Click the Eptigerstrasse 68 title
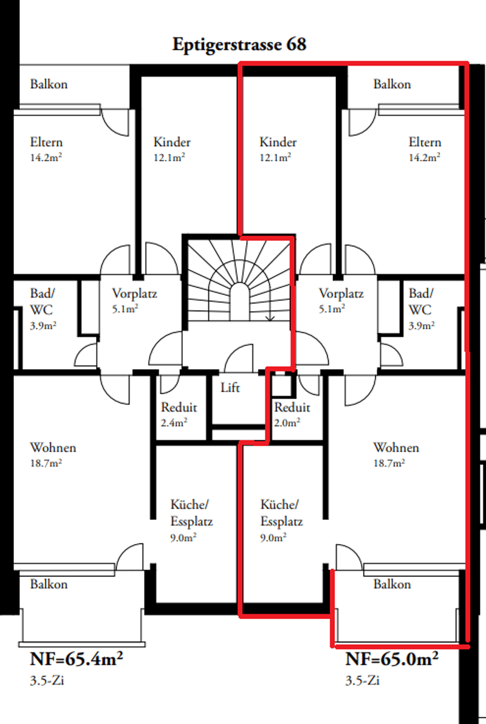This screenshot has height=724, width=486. click(239, 45)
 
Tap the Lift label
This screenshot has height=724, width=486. click(230, 387)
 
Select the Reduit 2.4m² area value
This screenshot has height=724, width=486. click(174, 422)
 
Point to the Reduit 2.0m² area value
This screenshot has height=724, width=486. click(287, 422)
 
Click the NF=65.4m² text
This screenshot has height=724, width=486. click(76, 658)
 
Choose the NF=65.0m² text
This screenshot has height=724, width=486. click(392, 658)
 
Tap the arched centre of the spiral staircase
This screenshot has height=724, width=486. click(239, 302)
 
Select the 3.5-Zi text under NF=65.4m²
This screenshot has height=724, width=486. click(47, 680)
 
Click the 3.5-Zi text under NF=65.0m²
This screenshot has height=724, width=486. click(362, 680)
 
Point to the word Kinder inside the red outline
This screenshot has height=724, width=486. click(278, 142)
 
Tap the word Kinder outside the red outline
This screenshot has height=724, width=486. click(172, 142)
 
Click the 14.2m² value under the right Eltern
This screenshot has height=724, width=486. click(424, 157)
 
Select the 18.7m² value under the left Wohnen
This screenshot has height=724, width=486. click(46, 463)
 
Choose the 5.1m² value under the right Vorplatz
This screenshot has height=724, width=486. click(332, 309)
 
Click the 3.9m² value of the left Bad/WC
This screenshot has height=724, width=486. click(43, 325)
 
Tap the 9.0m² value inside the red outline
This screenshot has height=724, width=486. click(273, 538)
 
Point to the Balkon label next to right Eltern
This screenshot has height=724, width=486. click(392, 84)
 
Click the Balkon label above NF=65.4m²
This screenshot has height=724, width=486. click(49, 584)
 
